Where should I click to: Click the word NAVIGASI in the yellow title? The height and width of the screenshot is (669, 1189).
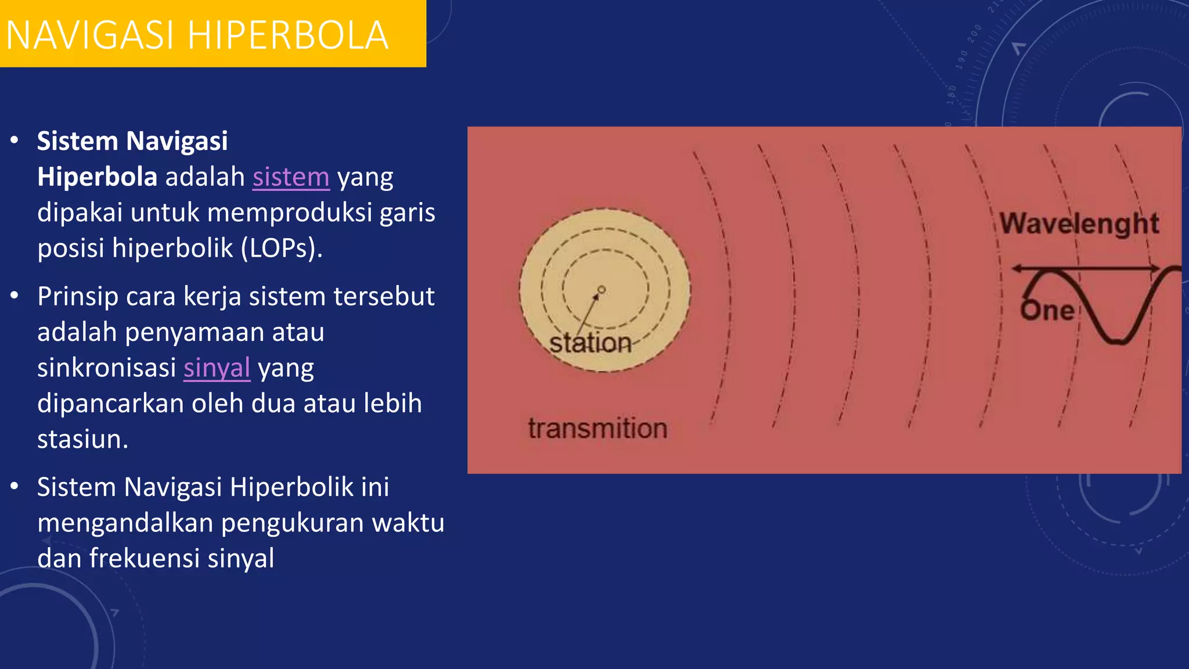click(x=90, y=36)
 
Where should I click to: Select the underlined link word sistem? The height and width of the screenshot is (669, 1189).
click(x=291, y=177)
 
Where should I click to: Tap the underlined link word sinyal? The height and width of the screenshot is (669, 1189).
click(x=217, y=368)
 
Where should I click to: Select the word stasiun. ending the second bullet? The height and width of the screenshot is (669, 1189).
click(x=82, y=440)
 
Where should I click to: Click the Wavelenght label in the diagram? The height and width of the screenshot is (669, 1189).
click(x=1079, y=224)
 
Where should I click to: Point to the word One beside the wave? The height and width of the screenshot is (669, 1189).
click(x=1047, y=311)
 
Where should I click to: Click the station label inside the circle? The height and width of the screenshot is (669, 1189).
click(x=590, y=343)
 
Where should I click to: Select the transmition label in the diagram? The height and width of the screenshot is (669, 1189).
click(x=597, y=429)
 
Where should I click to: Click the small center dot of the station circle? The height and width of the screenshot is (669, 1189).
click(x=601, y=289)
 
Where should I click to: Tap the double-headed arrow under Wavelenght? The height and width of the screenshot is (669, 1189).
click(x=1086, y=268)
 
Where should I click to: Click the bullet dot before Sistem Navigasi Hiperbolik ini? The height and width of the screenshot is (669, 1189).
click(x=15, y=487)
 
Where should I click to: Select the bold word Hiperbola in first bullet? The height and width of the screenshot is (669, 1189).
click(x=97, y=177)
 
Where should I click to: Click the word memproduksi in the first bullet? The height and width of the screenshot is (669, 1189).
click(x=289, y=213)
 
